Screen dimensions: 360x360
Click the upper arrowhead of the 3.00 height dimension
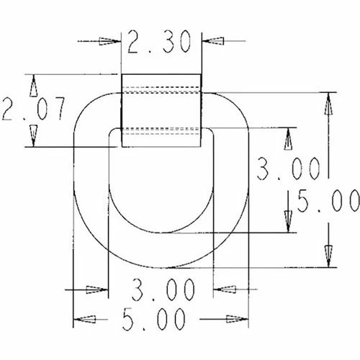pos(288,138)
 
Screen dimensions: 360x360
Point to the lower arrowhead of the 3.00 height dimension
pos(288,222)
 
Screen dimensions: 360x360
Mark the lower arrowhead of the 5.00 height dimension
pos(328,256)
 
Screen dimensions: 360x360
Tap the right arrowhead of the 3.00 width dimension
pos(224,291)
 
